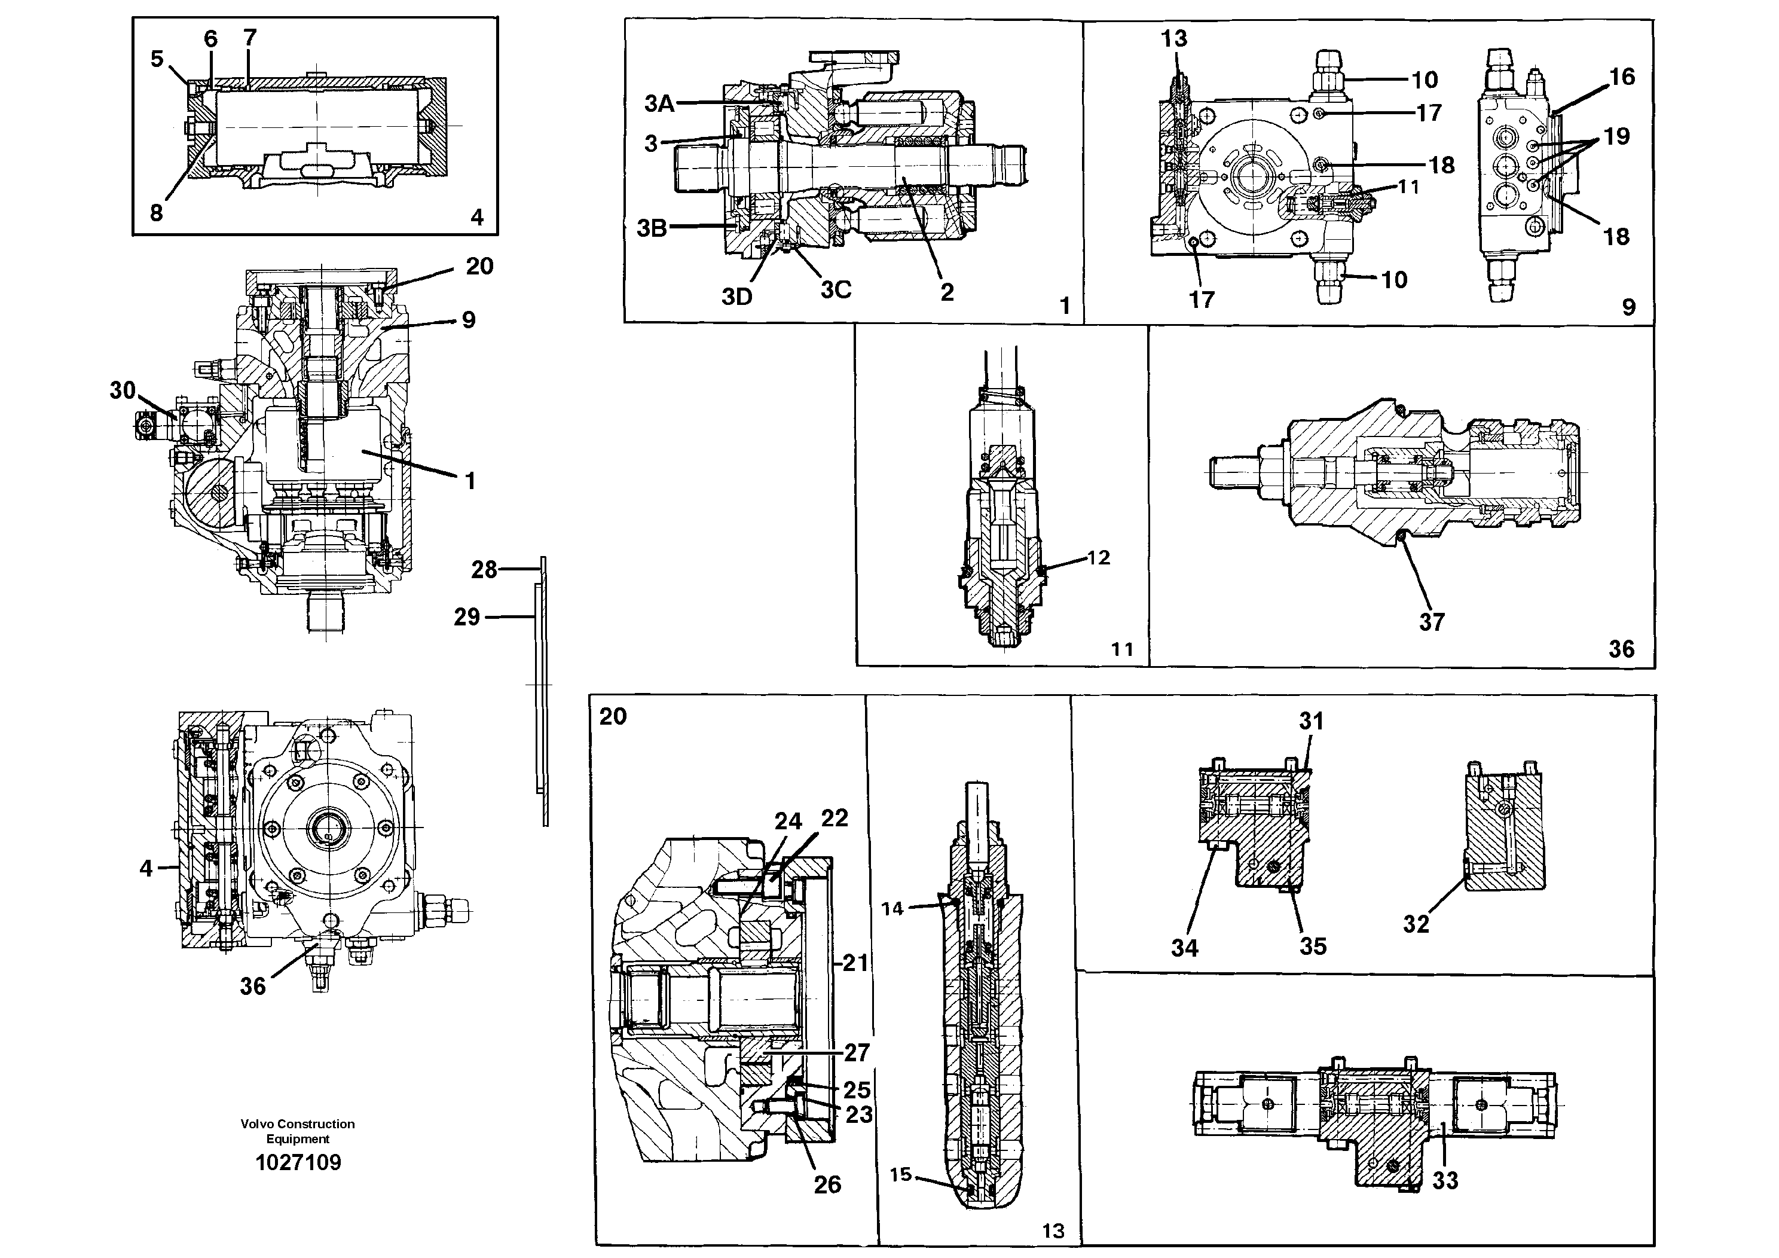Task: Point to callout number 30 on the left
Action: pyautogui.click(x=123, y=390)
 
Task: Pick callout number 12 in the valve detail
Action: pyautogui.click(x=1099, y=557)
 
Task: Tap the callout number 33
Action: pyautogui.click(x=1445, y=1180)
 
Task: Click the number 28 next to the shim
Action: pyautogui.click(x=484, y=570)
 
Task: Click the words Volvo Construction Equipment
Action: pyautogui.click(x=298, y=1131)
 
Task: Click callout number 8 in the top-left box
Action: pyautogui.click(x=157, y=212)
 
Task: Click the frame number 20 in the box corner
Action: pyautogui.click(x=612, y=716)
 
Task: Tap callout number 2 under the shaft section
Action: pyautogui.click(x=947, y=292)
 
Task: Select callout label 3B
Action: pyautogui.click(x=652, y=228)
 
